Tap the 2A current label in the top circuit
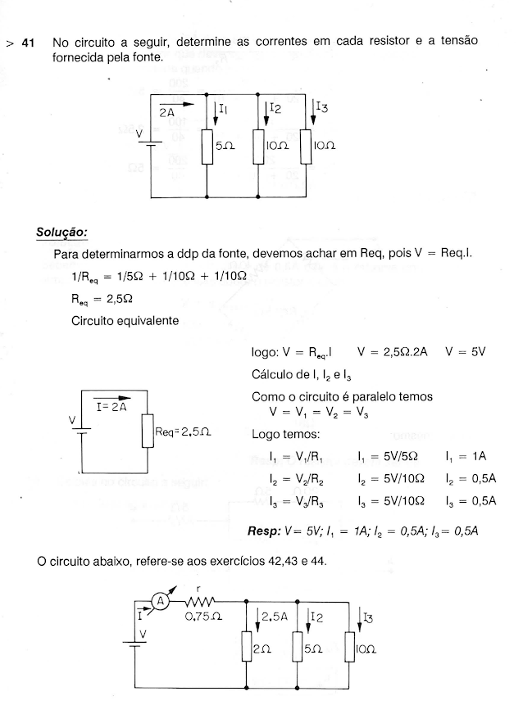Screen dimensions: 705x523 [x=167, y=113]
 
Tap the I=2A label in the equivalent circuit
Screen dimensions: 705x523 [x=109, y=407]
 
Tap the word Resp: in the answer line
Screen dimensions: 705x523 [x=264, y=531]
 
